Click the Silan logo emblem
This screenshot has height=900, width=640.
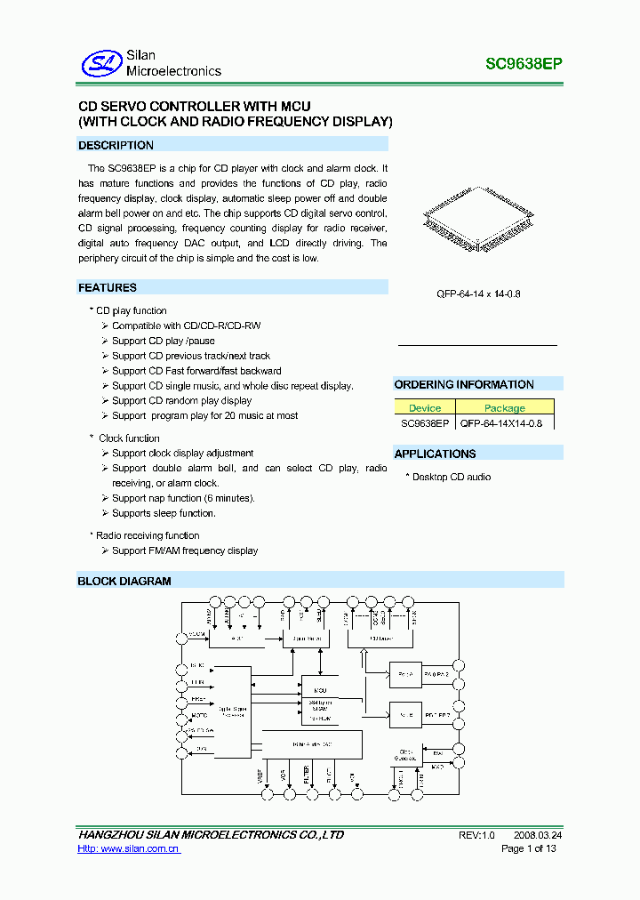(100, 63)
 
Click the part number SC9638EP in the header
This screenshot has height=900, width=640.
(524, 64)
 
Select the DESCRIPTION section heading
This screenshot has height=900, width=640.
(116, 145)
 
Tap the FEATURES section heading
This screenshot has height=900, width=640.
(108, 287)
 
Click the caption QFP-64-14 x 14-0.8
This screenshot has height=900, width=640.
(478, 293)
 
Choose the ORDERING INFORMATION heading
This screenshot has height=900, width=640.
(464, 384)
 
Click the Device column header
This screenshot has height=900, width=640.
(425, 408)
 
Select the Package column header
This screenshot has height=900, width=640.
(504, 408)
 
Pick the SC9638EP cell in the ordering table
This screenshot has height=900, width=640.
(425, 423)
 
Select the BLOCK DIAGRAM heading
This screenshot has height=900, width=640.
(124, 581)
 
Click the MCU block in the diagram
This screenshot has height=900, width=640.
(319, 690)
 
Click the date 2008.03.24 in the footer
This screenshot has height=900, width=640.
(537, 835)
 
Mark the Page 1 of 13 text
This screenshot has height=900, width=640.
(529, 849)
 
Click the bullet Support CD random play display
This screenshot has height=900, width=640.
(181, 400)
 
